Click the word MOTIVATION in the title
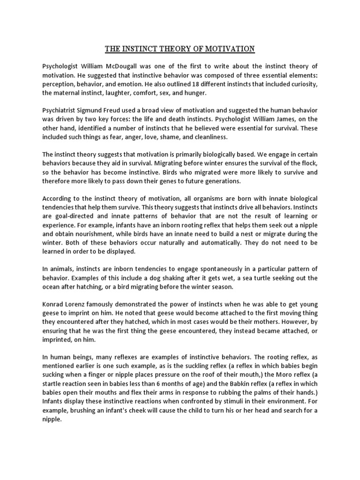click(226, 49)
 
